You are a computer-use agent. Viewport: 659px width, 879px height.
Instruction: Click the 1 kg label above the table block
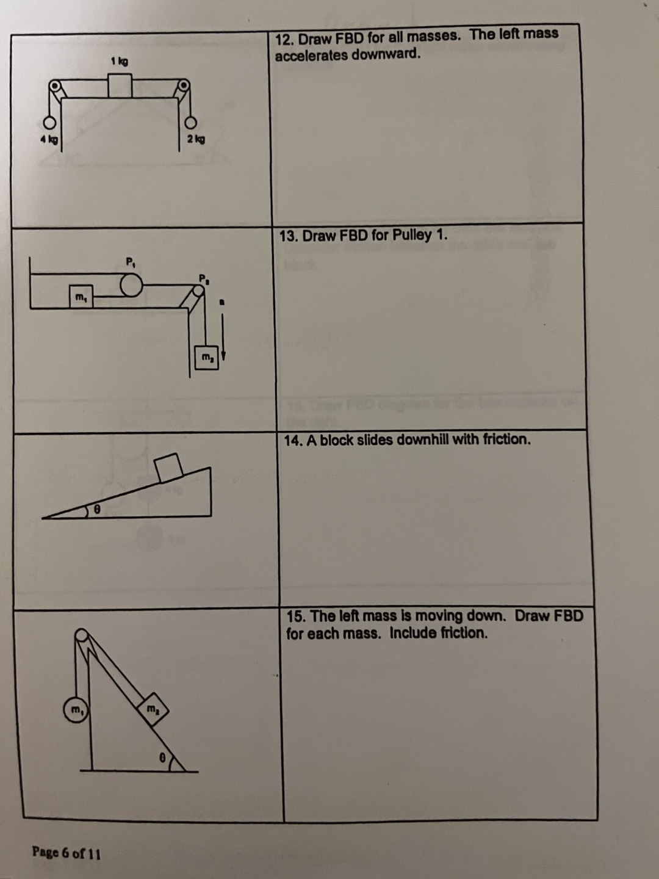click(120, 61)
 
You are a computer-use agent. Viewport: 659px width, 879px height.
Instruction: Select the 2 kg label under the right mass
click(196, 140)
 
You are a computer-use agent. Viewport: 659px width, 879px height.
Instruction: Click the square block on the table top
click(120, 85)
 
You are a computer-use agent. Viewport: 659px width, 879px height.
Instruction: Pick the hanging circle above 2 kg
click(192, 122)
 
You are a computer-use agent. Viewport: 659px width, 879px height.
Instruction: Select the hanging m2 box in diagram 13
click(206, 357)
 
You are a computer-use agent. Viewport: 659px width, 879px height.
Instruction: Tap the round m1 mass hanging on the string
click(76, 711)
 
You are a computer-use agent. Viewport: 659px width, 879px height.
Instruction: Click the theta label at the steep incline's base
click(162, 756)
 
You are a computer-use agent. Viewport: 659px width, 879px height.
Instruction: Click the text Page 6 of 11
click(67, 853)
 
